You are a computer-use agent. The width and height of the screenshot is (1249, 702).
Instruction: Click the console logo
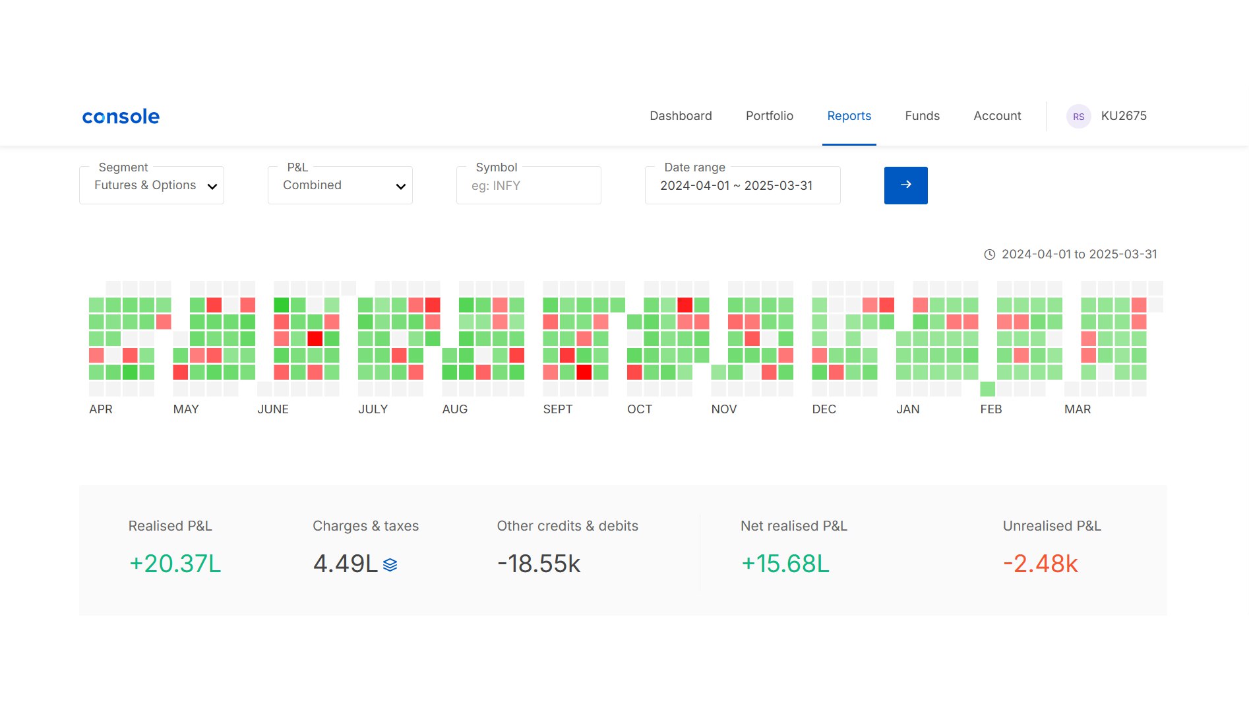coord(121,117)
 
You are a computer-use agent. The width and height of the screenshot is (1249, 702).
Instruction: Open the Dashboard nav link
coord(681,116)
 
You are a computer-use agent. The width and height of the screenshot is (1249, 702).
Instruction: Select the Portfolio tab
coord(770,116)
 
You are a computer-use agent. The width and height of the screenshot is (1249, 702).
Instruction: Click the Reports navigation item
coord(849,116)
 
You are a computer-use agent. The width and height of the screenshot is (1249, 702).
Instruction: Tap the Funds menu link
coord(922,116)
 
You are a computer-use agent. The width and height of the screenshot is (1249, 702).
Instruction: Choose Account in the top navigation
coord(997,116)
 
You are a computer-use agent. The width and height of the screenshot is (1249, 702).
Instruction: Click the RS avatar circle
coord(1079,117)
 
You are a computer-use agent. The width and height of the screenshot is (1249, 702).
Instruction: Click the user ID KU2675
coord(1124,116)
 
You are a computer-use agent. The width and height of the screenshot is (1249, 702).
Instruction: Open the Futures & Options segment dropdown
coord(152,185)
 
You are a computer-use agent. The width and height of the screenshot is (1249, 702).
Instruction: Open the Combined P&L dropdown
coord(340,185)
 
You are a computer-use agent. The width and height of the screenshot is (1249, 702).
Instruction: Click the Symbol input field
coord(529,185)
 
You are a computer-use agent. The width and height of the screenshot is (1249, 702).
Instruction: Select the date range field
coord(743,185)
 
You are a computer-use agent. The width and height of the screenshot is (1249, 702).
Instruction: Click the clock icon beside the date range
coord(990,254)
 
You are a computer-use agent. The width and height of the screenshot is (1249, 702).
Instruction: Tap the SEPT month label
coord(558,409)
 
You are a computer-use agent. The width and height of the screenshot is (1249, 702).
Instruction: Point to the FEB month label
coord(991,409)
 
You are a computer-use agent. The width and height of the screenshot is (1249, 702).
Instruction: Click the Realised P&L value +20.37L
coord(175,564)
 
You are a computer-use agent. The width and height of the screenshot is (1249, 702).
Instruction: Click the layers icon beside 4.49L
coord(390,565)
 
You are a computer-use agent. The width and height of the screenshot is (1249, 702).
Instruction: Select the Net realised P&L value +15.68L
coord(785,564)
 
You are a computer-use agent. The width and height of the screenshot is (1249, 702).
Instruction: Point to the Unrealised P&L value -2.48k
coord(1041,564)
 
